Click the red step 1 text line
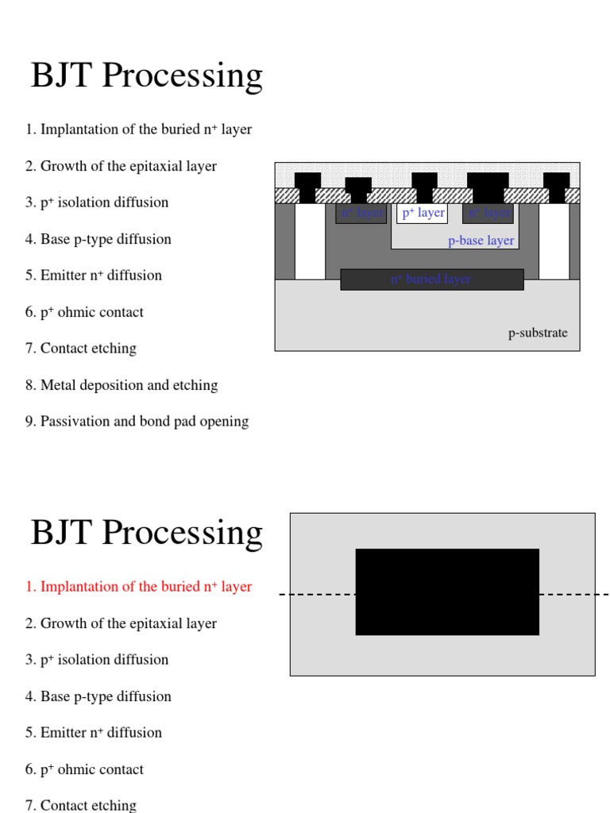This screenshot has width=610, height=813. coord(138,587)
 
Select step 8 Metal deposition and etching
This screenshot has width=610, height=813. coord(121,385)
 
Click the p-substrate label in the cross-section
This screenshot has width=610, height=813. coord(538,333)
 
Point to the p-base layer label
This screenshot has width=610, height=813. coord(481,241)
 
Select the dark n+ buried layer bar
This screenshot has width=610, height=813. coord(431,279)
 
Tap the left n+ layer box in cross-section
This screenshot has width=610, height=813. coord(361,214)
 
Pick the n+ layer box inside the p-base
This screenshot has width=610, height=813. coord(488,214)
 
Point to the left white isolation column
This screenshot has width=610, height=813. coord(310,241)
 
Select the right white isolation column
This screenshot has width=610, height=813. coord(554,241)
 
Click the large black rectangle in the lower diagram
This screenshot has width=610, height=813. coord(447,591)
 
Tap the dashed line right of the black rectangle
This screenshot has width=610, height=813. coord(572,594)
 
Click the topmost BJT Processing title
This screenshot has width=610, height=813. coord(146,75)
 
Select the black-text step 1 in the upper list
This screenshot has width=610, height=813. coord(138,129)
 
